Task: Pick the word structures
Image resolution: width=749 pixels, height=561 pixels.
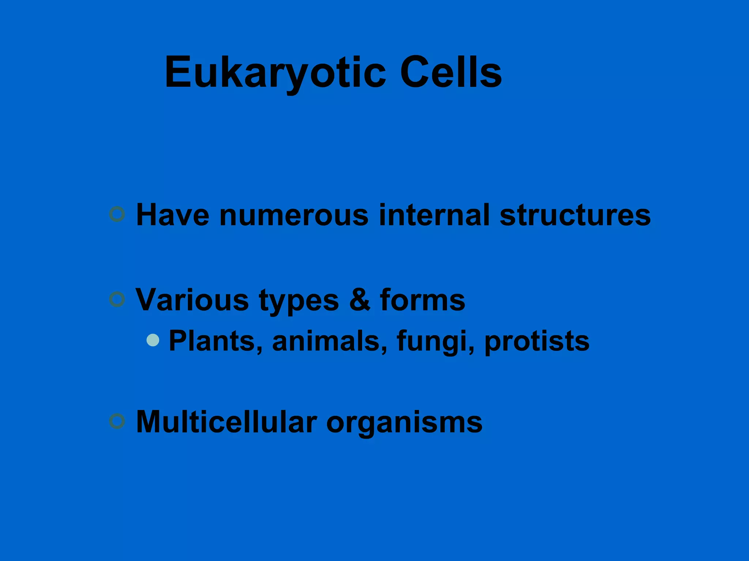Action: point(575,215)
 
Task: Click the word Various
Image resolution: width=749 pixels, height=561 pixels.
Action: point(192,300)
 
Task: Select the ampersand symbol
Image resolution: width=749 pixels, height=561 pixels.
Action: point(360,300)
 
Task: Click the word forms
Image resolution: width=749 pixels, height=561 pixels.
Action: point(422,300)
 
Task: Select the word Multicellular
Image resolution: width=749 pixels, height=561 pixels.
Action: point(226,422)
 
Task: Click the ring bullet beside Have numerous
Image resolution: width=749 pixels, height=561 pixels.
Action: point(117,214)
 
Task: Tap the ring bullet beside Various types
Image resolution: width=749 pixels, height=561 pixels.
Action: point(117,299)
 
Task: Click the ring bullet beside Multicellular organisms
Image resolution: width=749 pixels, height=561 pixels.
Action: point(117,421)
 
